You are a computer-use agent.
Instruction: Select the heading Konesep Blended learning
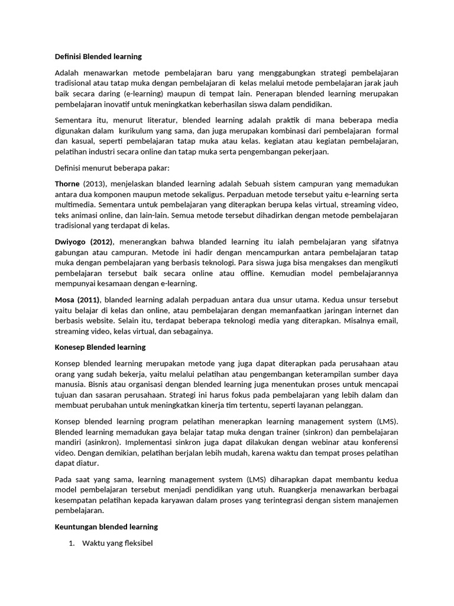(x=100, y=347)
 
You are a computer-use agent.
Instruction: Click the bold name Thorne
(x=67, y=184)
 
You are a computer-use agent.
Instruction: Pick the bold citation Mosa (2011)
(x=77, y=299)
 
